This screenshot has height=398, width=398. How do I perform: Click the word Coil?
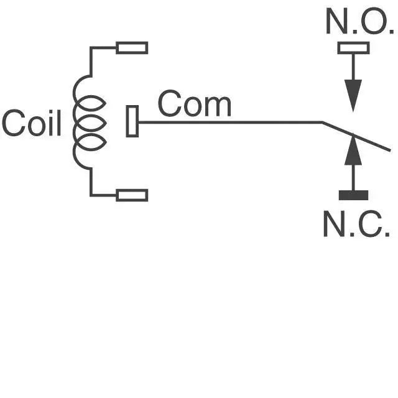(x=32, y=123)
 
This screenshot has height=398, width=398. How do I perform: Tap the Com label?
(x=195, y=104)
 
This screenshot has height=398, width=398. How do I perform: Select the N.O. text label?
(x=360, y=21)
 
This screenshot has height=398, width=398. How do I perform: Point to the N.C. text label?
(x=356, y=224)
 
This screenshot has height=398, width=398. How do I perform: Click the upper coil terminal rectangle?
(x=132, y=48)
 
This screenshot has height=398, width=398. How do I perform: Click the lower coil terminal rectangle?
(x=132, y=195)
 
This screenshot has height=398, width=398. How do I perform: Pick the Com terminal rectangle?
(x=132, y=121)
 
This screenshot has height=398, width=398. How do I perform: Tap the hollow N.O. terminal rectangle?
(x=353, y=48)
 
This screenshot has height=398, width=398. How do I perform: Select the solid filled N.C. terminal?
(x=353, y=195)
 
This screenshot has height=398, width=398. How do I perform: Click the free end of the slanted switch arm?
(x=390, y=150)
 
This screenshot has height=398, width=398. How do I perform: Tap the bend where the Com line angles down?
(x=323, y=123)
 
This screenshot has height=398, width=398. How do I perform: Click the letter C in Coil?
(x=14, y=123)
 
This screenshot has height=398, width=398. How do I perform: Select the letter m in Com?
(x=218, y=106)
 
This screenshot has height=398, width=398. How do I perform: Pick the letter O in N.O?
(x=374, y=21)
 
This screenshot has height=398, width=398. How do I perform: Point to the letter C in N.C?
(x=370, y=224)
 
